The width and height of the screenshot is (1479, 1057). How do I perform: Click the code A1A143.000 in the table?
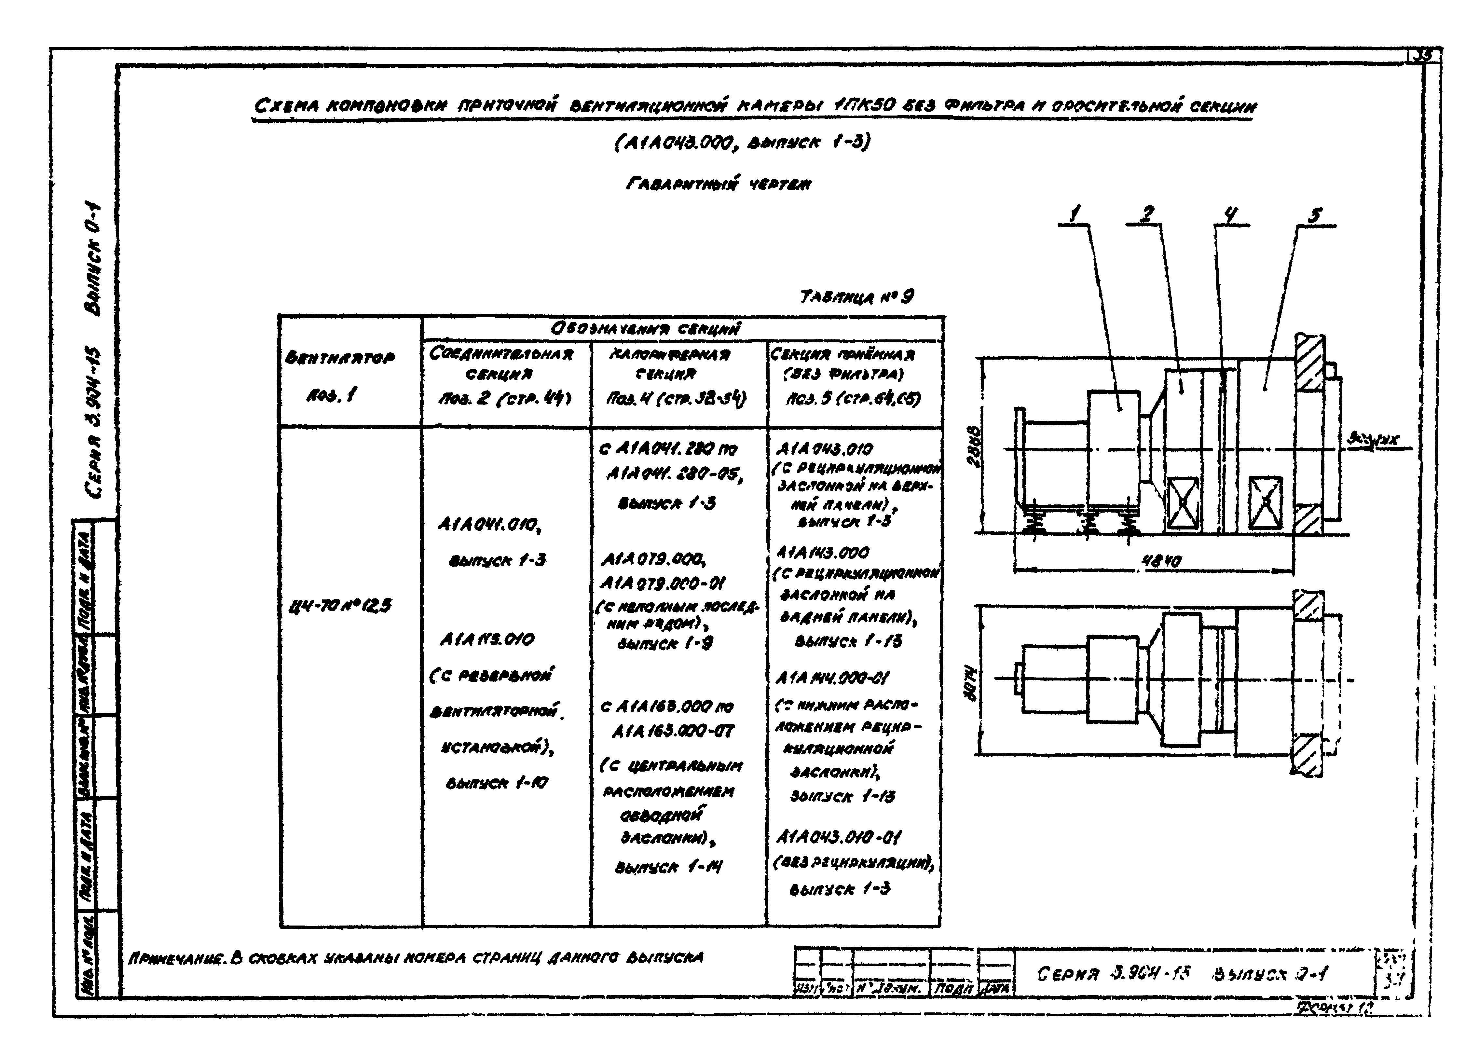click(x=822, y=553)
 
